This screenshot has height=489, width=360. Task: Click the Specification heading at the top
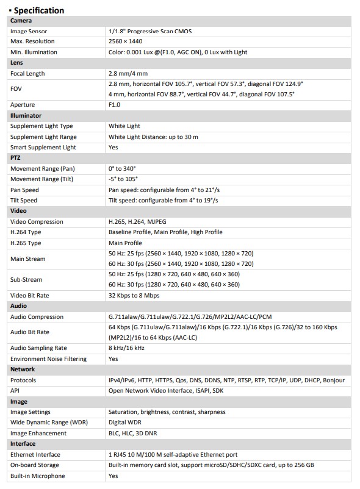[38, 10]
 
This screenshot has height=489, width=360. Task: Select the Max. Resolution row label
[32, 41]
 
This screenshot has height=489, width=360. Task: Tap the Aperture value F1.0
[114, 105]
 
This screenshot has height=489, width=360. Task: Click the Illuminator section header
[26, 115]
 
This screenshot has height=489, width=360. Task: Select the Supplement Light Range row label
[43, 137]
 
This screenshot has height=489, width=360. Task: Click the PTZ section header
[15, 158]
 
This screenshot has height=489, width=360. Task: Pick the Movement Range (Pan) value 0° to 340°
[123, 169]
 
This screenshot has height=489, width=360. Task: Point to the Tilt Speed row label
[24, 200]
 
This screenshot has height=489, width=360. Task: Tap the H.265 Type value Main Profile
[125, 243]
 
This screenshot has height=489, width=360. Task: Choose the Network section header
[23, 369]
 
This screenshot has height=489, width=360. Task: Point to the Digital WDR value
[125, 423]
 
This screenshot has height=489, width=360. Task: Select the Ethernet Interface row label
[35, 455]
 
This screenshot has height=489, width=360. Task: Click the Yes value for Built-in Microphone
[113, 476]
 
